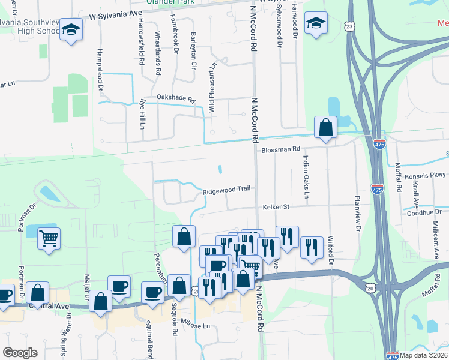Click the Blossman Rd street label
(x=279, y=149)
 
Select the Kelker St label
(x=276, y=207)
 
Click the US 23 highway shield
(x=351, y=26)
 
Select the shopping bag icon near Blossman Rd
(x=325, y=127)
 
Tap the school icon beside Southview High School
(x=71, y=29)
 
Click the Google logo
(x=20, y=353)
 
